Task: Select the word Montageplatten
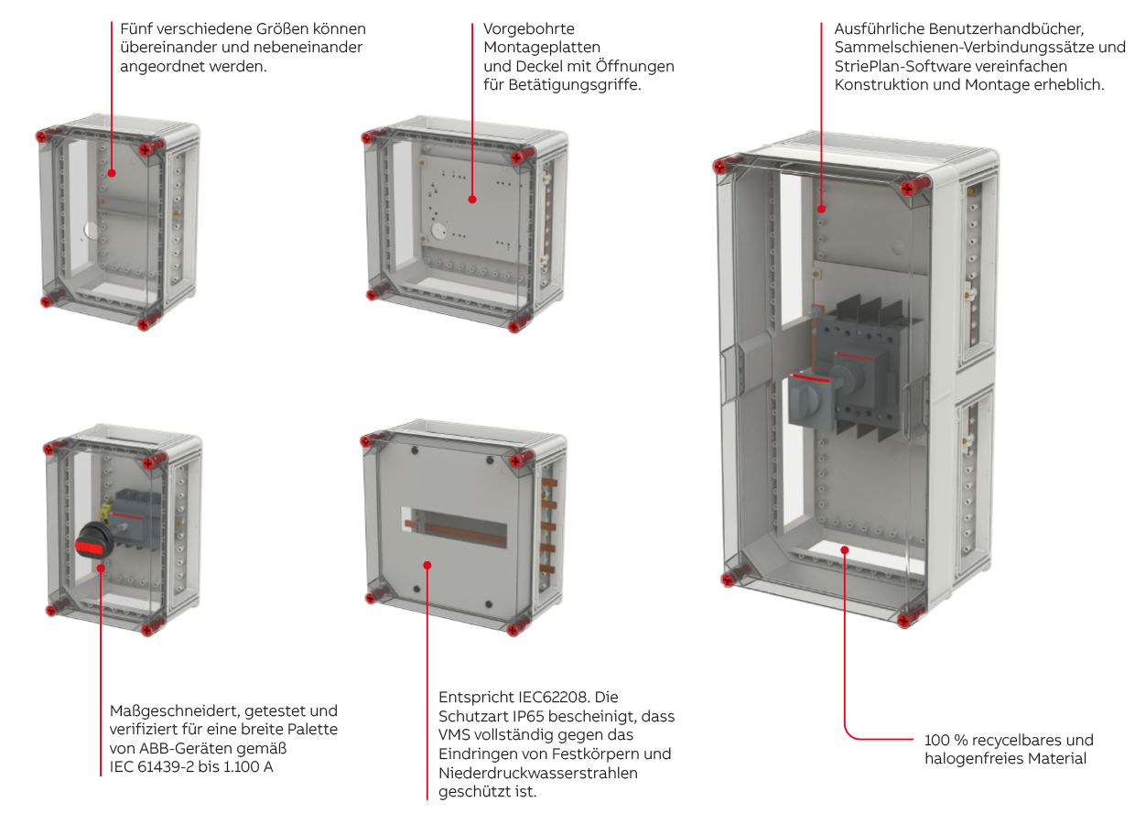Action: [x=542, y=47]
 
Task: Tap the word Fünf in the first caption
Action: [x=136, y=28]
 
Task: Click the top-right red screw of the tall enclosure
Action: [x=908, y=188]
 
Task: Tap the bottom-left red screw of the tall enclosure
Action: [x=730, y=578]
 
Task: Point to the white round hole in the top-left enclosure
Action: [x=92, y=231]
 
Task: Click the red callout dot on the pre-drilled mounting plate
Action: [x=472, y=199]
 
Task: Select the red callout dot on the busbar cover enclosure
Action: [x=428, y=565]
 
